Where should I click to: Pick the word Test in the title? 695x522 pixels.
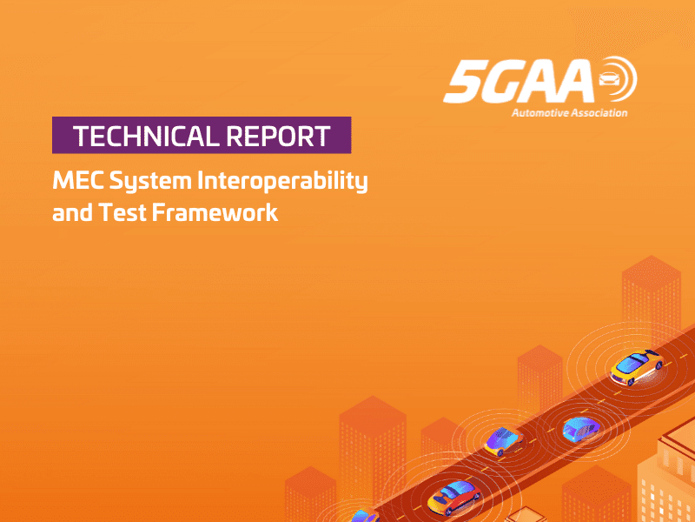120,211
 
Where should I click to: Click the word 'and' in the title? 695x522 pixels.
69,211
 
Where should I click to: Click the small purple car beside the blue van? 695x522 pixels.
502,441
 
